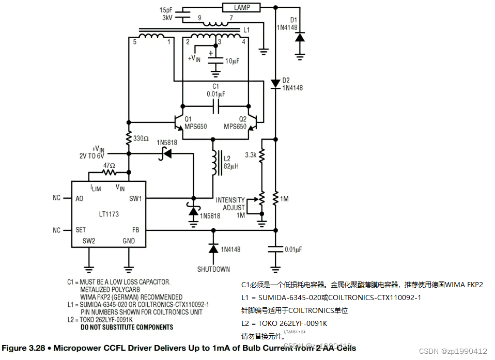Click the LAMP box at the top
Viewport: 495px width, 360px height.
241,7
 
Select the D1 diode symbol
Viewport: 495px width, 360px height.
299,37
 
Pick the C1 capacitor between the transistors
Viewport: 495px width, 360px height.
215,107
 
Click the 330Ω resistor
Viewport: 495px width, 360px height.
129,138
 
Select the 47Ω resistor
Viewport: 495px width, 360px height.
109,172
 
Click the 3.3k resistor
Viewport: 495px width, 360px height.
262,154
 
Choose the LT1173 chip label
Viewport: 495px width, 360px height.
109,214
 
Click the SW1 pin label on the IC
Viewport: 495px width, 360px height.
136,198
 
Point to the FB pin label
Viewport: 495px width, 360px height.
136,230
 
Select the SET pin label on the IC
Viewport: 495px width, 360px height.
81,230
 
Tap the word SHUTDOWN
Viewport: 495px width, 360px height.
213,269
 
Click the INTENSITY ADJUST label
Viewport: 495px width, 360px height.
230,204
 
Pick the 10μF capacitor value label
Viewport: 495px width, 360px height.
231,61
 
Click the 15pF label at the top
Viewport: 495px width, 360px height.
166,10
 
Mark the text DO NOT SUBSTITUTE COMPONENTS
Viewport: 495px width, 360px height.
127,327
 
